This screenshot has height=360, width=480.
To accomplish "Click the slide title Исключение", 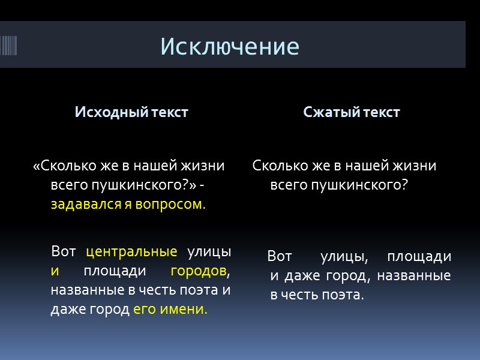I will pos(230,46).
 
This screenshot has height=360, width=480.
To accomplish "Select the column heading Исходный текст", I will pos(131,112).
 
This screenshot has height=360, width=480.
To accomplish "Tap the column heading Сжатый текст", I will pos(352,112).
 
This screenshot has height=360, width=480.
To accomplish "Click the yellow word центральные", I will pos(132,251).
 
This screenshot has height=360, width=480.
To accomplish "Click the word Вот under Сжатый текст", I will pos(280,257).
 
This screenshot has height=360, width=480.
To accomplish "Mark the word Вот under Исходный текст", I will pos(64,251).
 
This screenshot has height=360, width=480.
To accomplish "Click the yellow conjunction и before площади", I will pos(55,271).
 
